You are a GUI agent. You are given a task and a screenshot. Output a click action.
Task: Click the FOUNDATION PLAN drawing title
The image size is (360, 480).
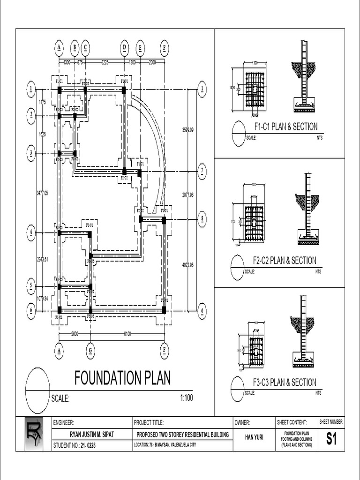(123, 378)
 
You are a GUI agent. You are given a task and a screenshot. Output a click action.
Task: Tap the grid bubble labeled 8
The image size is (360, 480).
(202, 219)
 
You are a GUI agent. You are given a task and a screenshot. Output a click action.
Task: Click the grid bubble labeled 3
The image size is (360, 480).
(31, 153)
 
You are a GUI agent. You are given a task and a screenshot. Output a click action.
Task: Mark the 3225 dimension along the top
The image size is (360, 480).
(105, 61)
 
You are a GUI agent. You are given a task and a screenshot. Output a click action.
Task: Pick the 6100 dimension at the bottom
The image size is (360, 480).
(127, 334)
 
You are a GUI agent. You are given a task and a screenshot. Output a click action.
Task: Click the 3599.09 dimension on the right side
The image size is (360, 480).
(187, 129)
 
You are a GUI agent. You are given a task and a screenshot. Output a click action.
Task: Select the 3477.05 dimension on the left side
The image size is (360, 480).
(42, 193)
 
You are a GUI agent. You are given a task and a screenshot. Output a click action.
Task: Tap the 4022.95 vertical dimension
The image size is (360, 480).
(187, 265)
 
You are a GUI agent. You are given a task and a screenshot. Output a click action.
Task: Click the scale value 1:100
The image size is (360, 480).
(186, 398)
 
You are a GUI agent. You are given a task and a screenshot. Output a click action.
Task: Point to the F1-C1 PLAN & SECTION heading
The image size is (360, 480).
(285, 127)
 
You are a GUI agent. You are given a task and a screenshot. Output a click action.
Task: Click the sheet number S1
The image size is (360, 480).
(331, 439)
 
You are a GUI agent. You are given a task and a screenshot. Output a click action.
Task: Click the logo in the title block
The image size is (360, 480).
(34, 434)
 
